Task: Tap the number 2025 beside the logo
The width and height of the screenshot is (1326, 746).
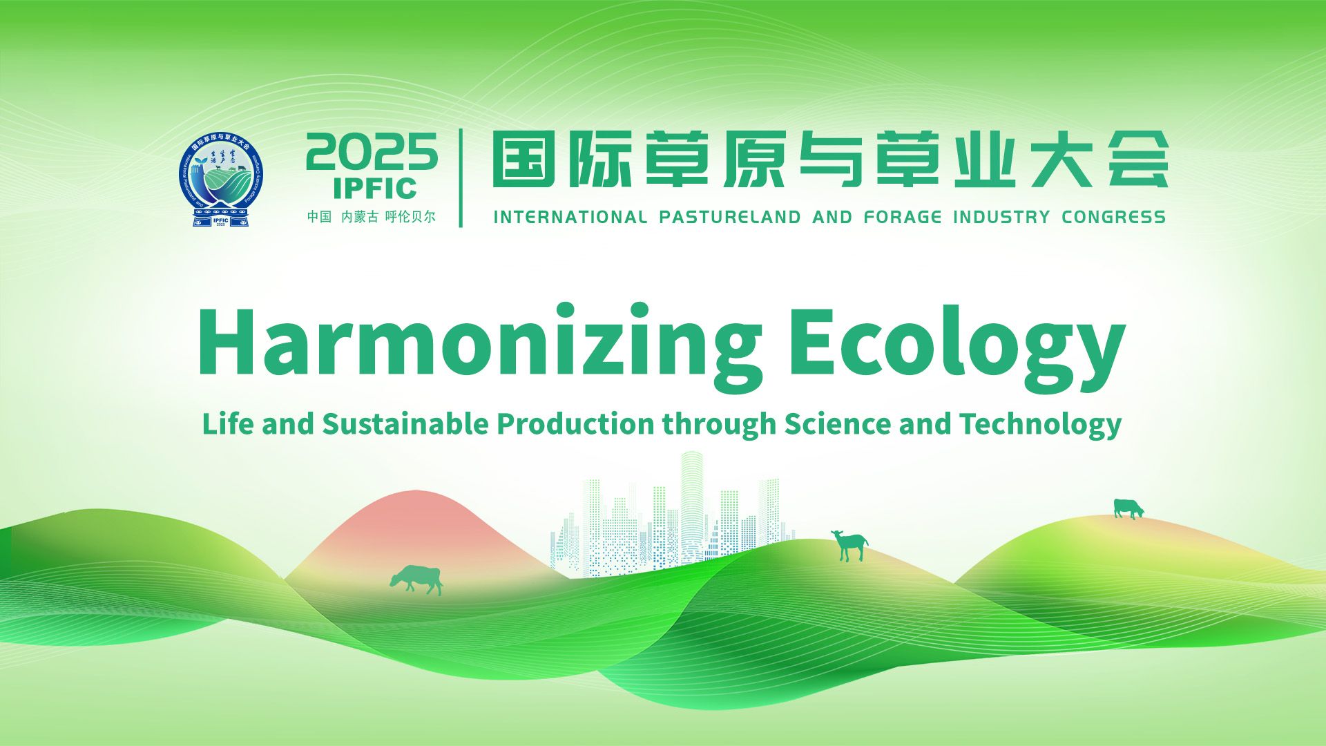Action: coord(372,152)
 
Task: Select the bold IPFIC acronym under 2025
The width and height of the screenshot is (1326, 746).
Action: coord(374,188)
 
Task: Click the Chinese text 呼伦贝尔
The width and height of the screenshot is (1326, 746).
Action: coord(410,217)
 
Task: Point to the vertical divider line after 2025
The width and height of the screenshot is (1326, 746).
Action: coord(461,178)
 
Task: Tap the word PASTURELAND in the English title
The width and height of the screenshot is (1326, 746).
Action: coord(729,217)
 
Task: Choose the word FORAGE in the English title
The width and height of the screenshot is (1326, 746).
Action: coord(902,217)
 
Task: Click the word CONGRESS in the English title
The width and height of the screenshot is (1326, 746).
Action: coord(1113,217)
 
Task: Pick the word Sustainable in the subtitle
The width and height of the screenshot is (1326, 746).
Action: coord(405,423)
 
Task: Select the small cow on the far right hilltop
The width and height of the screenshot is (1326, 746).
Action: coord(1128,508)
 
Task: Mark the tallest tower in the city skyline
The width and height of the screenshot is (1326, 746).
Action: coord(691,497)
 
